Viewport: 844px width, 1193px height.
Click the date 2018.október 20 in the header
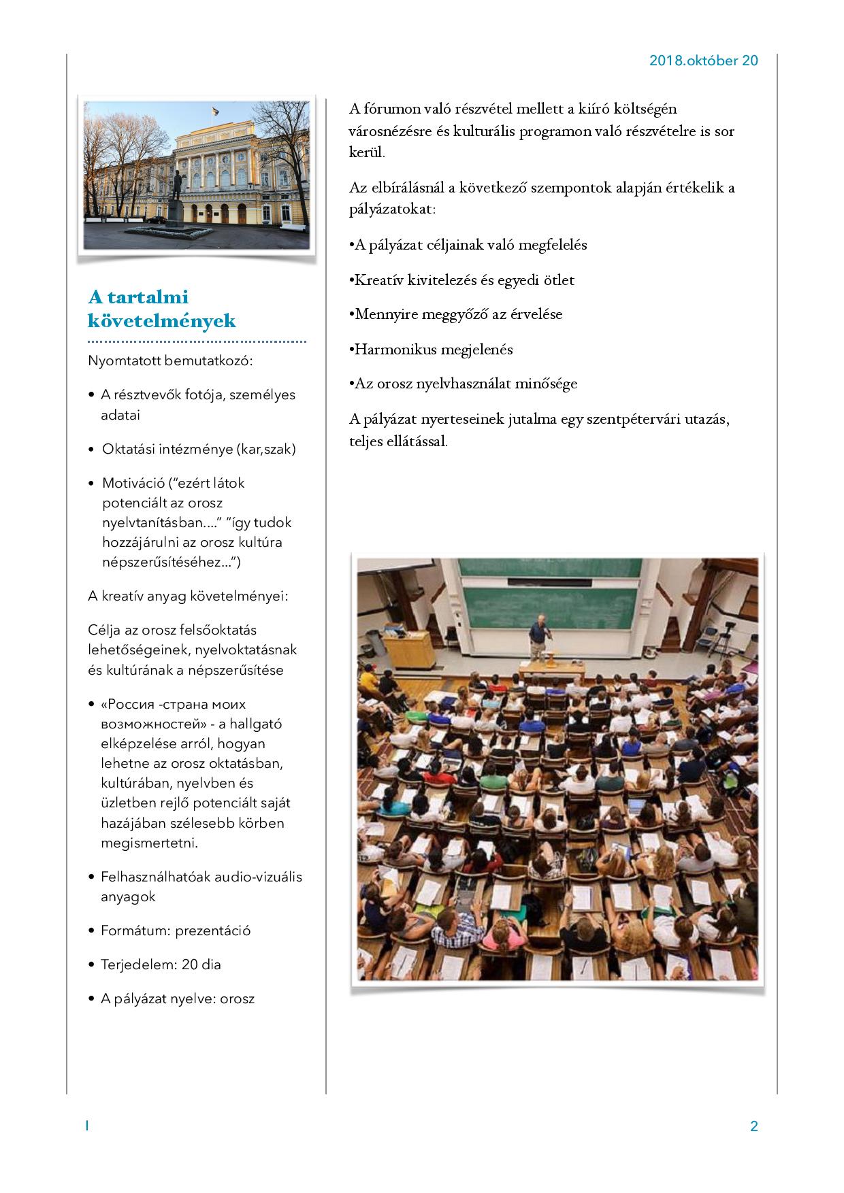[x=703, y=61]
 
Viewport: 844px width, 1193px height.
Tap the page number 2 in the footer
[x=753, y=1126]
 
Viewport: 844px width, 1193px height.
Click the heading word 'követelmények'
[x=162, y=320]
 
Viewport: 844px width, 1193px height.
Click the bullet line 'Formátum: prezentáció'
[x=176, y=930]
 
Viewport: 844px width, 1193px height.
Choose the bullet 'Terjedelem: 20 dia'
[x=161, y=964]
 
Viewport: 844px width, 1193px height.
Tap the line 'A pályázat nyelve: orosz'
[x=177, y=998]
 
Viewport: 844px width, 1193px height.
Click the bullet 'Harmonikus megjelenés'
[x=434, y=350]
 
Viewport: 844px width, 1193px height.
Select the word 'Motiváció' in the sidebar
[x=133, y=483]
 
